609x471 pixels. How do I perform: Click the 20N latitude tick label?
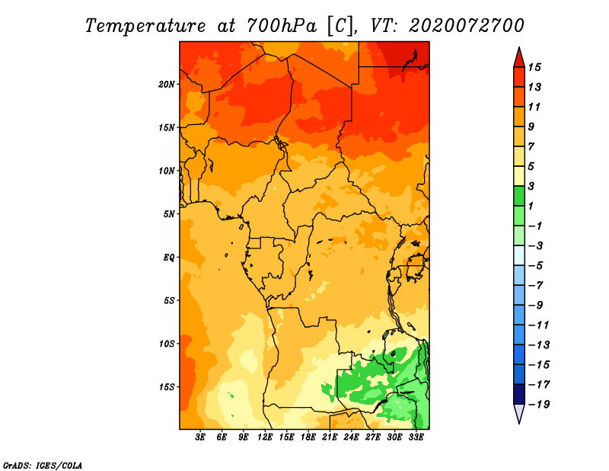point(166,85)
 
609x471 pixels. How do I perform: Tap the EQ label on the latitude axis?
point(168,258)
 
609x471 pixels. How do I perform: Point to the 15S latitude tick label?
point(167,387)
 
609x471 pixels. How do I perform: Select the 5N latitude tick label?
point(169,214)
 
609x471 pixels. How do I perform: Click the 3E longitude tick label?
point(200,437)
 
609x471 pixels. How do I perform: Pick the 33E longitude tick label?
point(416,437)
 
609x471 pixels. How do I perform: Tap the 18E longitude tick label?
point(308,437)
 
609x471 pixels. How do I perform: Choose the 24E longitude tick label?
point(351,437)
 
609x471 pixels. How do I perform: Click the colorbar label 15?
point(534,67)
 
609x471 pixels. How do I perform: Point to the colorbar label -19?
point(539,405)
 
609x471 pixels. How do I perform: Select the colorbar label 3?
point(531,186)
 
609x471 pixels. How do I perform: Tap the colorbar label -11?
point(538,325)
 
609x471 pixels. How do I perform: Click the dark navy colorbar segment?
point(519,394)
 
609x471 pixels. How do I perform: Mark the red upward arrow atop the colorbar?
point(519,58)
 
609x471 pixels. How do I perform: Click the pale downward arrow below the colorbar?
point(519,414)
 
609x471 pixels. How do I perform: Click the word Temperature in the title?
point(145,26)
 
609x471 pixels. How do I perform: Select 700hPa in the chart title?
point(281,26)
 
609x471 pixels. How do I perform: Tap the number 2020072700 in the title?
point(467,25)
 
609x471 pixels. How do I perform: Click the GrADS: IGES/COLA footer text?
point(43,466)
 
